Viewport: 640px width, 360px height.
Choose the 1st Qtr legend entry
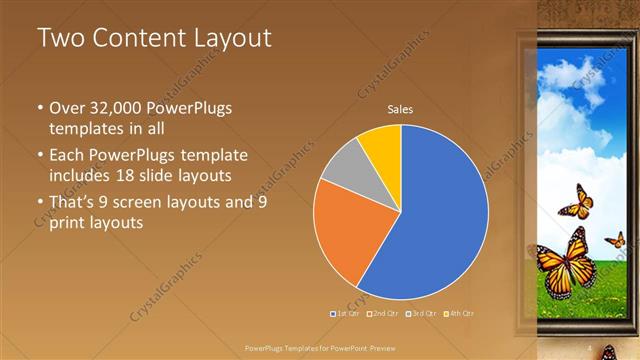click(345, 314)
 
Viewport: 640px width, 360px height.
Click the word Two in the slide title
click(59, 39)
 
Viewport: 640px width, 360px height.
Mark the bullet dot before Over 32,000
click(38, 108)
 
